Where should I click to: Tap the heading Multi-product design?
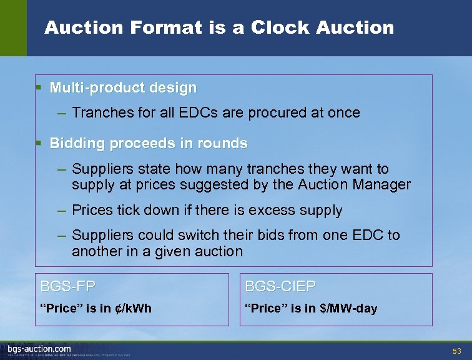click(123, 88)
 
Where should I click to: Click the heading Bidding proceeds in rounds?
click(149, 143)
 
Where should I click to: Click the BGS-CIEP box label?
click(280, 287)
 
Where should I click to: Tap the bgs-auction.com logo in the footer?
click(39, 348)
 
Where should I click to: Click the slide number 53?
click(456, 351)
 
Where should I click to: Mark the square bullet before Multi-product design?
click(39, 88)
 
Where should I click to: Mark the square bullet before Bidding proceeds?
click(39, 143)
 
